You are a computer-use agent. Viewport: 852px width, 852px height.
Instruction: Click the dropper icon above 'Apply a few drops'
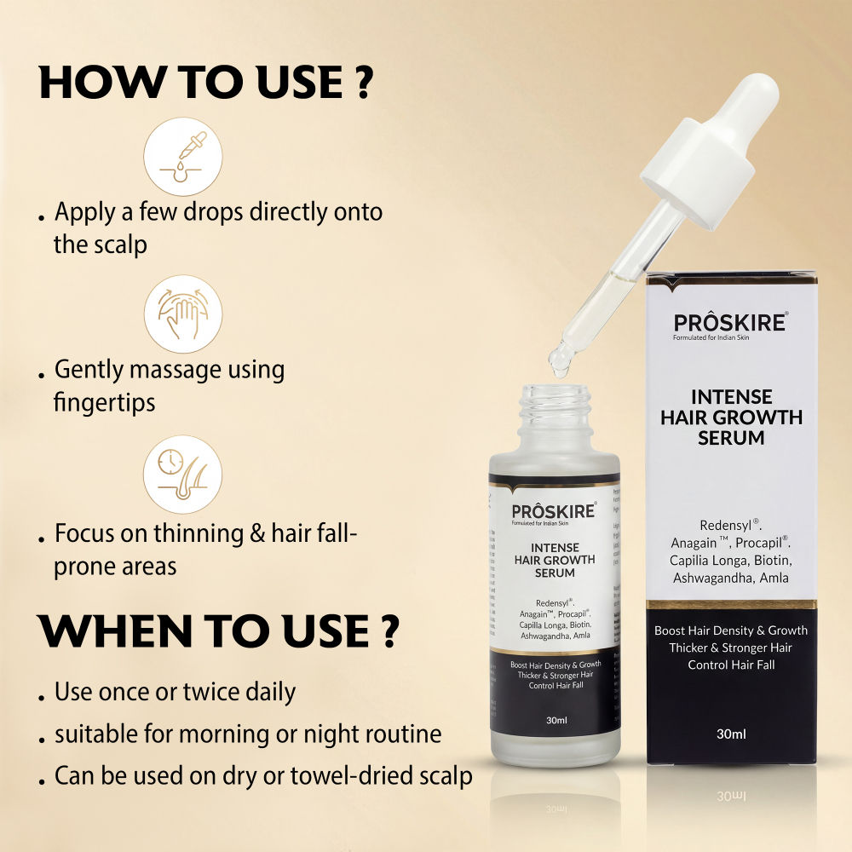[x=183, y=157]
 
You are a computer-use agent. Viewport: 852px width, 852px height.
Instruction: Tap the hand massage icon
[x=183, y=314]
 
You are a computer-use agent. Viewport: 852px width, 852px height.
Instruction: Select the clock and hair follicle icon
[x=183, y=475]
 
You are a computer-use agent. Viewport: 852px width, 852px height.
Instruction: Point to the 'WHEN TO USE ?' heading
[x=218, y=630]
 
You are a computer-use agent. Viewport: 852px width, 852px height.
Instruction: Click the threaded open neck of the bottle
[x=555, y=406]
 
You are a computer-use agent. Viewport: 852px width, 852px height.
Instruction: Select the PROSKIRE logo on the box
[x=730, y=322]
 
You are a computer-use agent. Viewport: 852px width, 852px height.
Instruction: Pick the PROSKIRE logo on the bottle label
[x=554, y=512]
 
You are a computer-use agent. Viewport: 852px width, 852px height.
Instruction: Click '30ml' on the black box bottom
[x=731, y=734]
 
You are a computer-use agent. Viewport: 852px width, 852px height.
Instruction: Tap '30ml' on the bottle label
[x=556, y=720]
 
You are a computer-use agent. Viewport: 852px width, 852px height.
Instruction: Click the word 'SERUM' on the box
[x=731, y=438]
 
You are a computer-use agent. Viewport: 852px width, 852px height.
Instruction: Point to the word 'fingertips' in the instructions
[x=105, y=401]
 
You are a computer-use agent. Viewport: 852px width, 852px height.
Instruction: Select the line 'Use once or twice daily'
[x=175, y=692]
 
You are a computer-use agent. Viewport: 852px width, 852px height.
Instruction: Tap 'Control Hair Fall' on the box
[x=731, y=665]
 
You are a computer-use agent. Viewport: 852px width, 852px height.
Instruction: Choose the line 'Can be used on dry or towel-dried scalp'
[x=263, y=776]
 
